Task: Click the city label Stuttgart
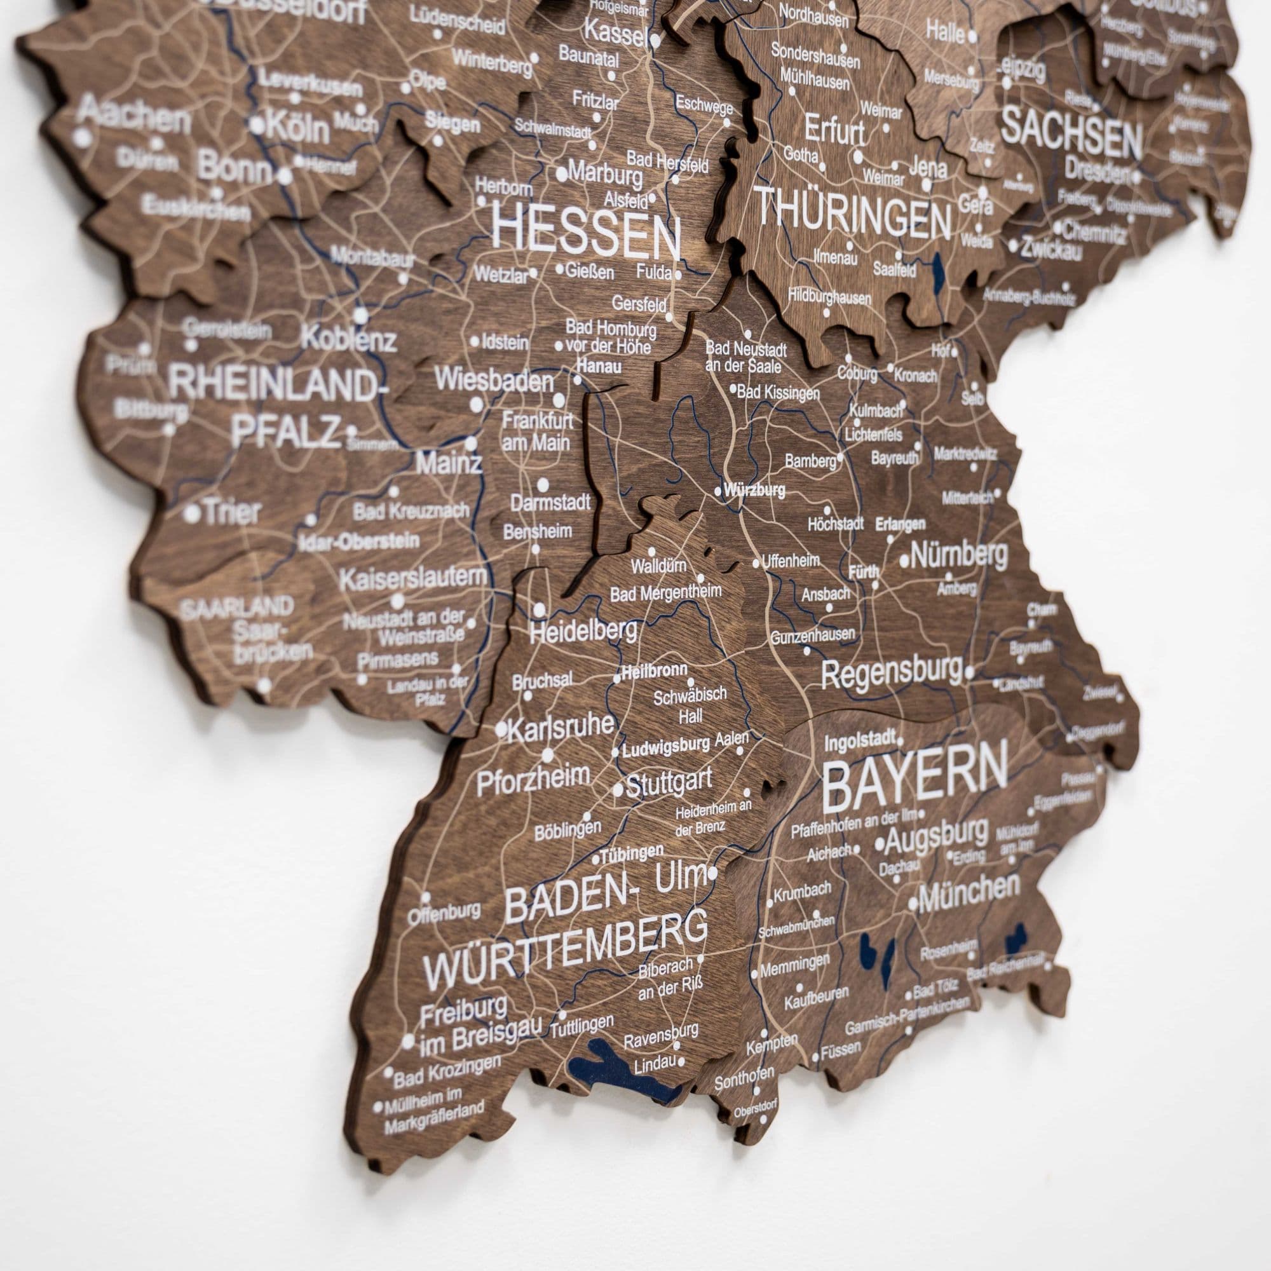point(669,783)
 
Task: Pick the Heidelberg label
point(583,631)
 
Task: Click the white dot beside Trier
point(191,513)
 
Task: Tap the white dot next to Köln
point(257,125)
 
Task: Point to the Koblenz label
point(349,340)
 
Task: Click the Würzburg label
point(754,490)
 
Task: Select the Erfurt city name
point(835,132)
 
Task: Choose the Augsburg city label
point(936,838)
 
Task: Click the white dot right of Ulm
point(713,874)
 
